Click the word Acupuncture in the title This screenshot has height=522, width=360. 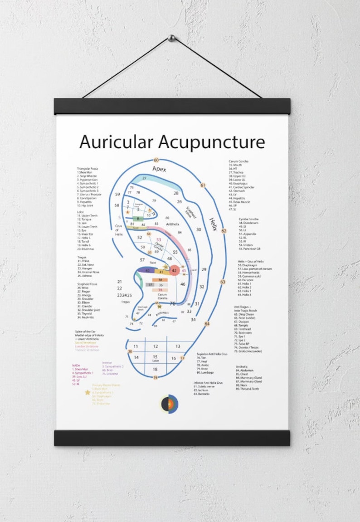[x=211, y=142]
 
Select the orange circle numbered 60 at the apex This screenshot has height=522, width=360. [x=156, y=160]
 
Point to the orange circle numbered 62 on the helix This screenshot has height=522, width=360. [x=224, y=231]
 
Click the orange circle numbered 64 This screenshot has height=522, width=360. [x=207, y=324]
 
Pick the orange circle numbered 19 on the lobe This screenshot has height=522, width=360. [x=155, y=378]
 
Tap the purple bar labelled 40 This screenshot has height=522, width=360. [x=147, y=271]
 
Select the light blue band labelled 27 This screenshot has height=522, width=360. [x=145, y=179]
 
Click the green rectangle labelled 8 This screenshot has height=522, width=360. [x=138, y=219]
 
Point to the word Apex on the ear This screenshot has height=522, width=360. [x=159, y=169]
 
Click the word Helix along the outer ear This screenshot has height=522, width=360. [x=213, y=224]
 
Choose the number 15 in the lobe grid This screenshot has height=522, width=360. [x=155, y=357]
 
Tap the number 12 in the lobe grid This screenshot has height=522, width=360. [x=155, y=346]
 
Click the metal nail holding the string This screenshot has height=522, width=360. [x=171, y=38]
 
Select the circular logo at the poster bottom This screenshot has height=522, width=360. [x=169, y=404]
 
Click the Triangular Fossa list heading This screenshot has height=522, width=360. [x=88, y=169]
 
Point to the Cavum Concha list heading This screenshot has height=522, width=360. [x=238, y=161]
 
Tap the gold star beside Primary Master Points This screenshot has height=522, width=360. [x=87, y=392]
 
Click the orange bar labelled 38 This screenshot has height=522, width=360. [x=160, y=280]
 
